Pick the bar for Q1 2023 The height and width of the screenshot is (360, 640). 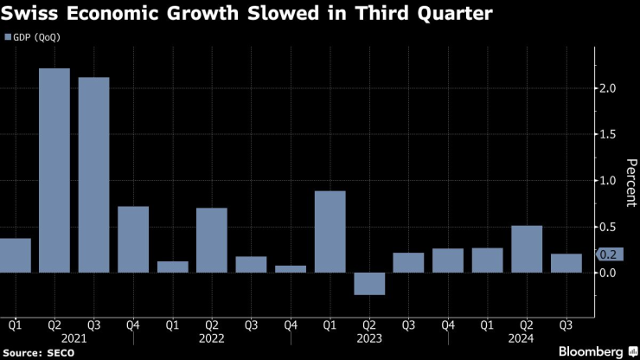tap(330, 231)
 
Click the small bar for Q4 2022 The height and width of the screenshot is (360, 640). tap(291, 269)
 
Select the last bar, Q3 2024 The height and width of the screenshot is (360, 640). tap(566, 263)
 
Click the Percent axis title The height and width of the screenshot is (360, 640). tap(630, 183)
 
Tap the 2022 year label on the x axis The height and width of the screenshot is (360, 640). tap(212, 338)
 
